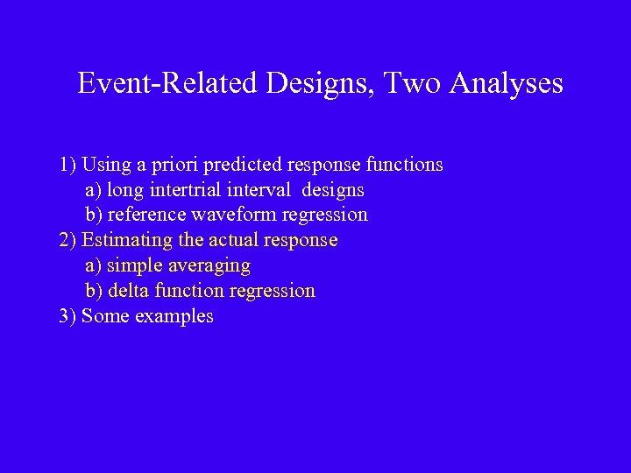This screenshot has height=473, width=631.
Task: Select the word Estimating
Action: click(126, 240)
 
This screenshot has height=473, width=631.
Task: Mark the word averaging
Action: click(209, 265)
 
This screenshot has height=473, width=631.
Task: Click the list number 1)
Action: click(68, 165)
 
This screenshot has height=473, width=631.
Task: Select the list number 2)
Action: click(68, 240)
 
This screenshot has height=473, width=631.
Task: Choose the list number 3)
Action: click(68, 316)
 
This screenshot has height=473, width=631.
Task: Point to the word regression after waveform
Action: click(325, 215)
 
